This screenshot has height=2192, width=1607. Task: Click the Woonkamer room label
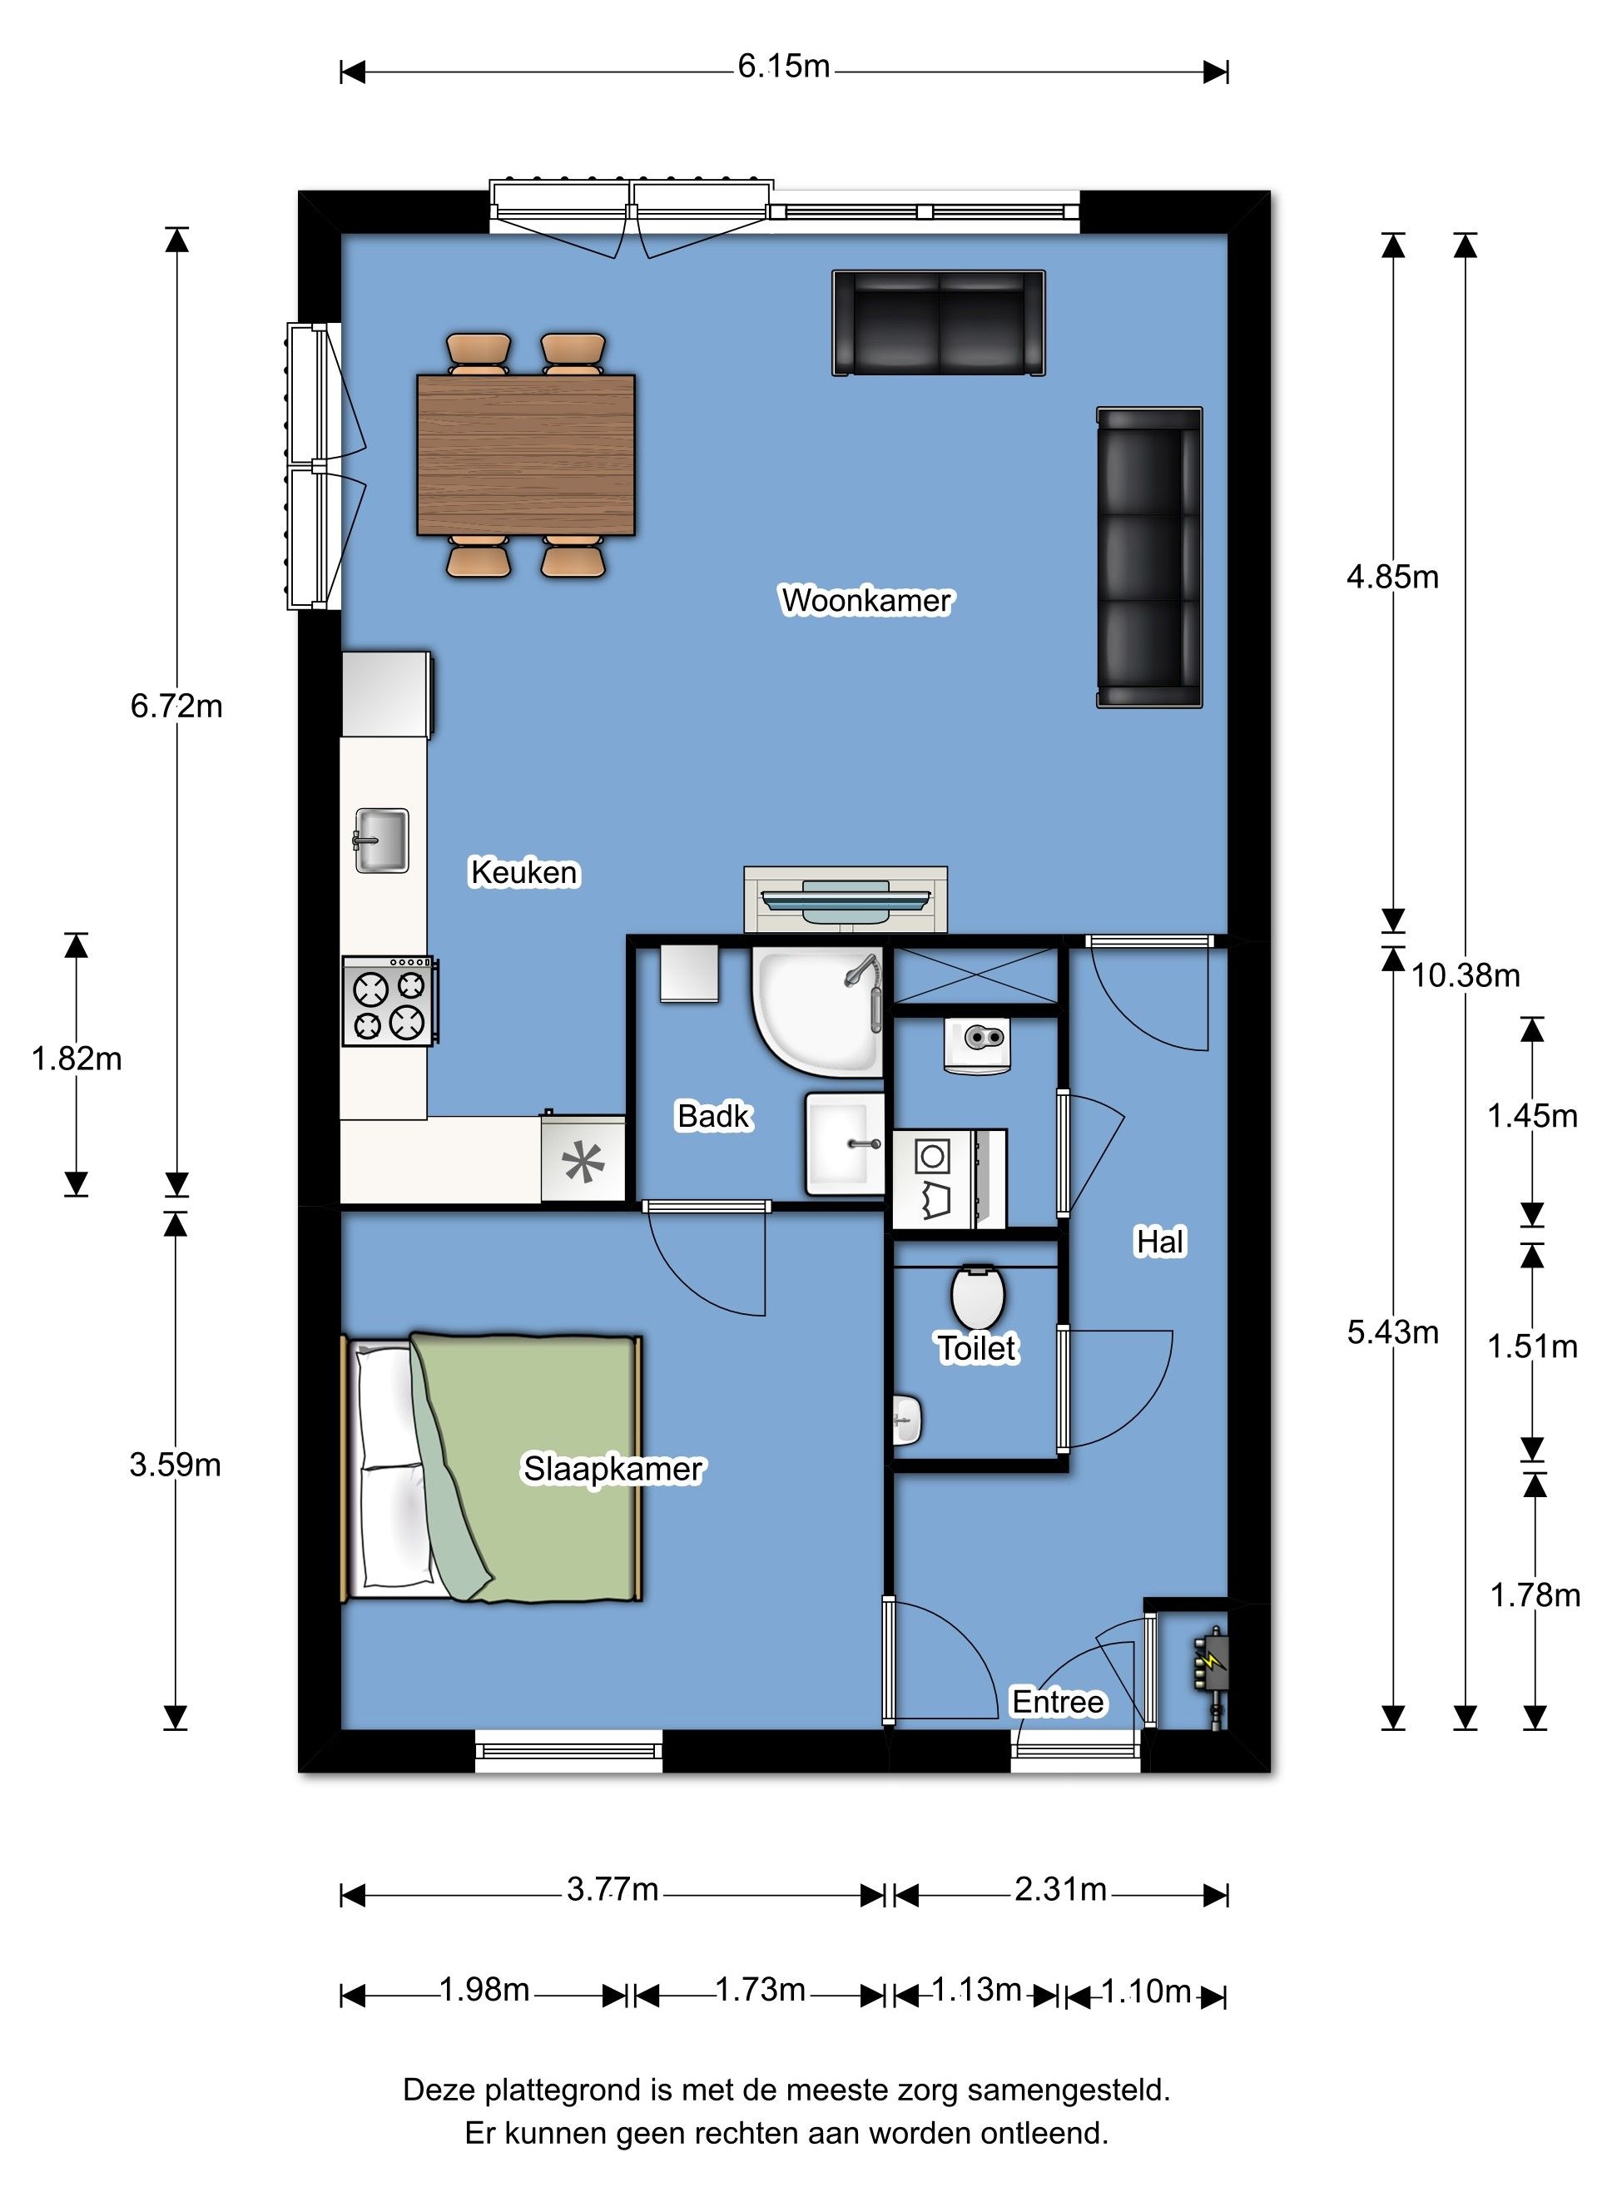click(x=865, y=600)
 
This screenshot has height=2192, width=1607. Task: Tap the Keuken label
click(x=524, y=872)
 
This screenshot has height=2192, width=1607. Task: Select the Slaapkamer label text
click(x=613, y=1470)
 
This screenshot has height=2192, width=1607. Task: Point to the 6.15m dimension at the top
click(x=783, y=66)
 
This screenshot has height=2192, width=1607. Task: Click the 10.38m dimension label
click(x=1465, y=975)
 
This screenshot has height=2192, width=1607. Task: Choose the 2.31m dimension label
click(x=1060, y=1890)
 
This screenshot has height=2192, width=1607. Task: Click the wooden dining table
click(x=525, y=455)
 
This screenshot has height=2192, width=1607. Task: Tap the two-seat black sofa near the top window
click(x=939, y=323)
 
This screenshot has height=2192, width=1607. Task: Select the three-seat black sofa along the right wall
click(x=1150, y=558)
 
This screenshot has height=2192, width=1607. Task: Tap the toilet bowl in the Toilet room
click(x=978, y=1297)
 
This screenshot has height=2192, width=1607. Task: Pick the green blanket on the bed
click(x=525, y=1469)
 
